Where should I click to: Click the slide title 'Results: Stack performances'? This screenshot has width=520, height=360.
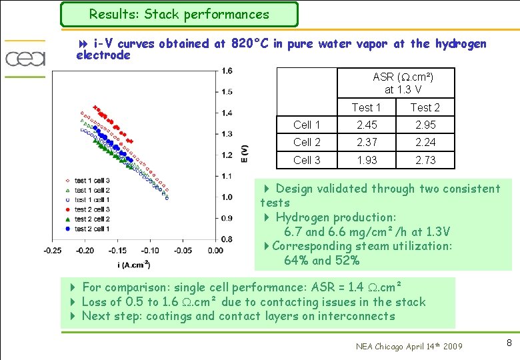179,14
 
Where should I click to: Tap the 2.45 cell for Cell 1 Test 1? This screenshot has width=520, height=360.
367,125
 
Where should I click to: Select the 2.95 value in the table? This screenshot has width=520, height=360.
425,125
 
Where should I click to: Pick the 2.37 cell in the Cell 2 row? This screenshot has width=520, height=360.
367,142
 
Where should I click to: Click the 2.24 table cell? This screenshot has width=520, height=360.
425,142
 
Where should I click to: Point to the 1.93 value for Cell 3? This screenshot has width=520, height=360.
367,160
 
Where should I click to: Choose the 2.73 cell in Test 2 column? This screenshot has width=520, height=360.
425,160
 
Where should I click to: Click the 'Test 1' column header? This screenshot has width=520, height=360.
367,107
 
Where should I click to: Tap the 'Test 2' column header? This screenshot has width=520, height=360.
425,107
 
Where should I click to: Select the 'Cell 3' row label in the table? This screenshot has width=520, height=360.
307,160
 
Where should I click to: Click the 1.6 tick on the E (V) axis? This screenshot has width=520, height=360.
227,71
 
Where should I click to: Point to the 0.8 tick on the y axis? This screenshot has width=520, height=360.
227,239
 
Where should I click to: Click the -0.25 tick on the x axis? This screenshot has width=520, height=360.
53,250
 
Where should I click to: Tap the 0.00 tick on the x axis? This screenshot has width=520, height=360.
215,250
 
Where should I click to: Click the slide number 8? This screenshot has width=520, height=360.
509,343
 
